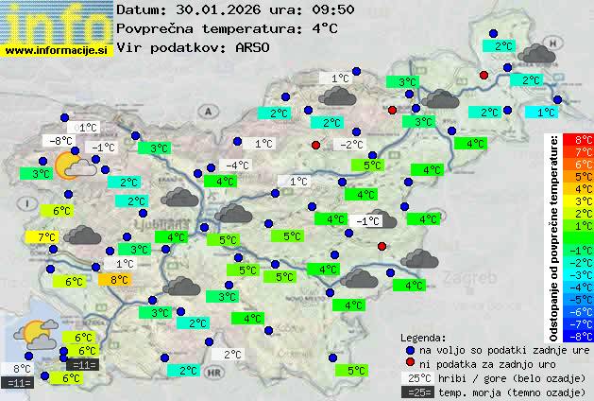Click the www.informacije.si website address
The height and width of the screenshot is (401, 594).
(x=56, y=50)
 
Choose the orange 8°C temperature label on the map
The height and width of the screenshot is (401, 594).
(x=120, y=279)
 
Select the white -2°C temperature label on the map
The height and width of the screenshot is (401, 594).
(x=351, y=145)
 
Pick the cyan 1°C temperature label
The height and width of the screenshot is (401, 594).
(x=546, y=113)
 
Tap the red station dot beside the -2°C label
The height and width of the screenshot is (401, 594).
(x=316, y=145)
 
